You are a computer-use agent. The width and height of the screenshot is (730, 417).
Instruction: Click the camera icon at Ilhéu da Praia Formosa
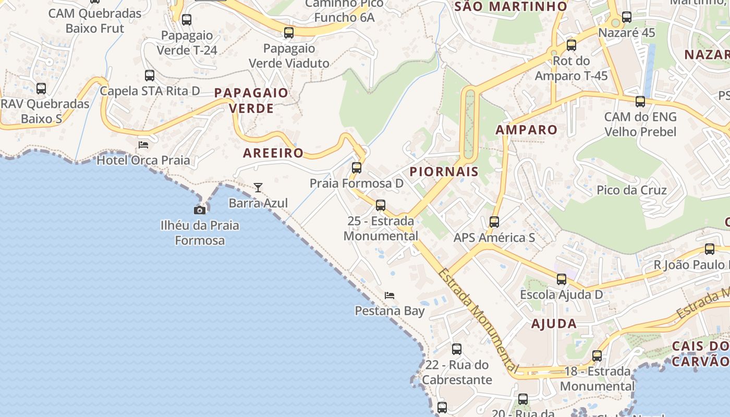pyautogui.click(x=199, y=210)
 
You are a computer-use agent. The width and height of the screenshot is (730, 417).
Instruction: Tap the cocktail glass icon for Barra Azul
pyautogui.click(x=258, y=188)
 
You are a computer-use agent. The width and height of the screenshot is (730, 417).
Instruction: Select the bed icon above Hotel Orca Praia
pyautogui.click(x=143, y=144)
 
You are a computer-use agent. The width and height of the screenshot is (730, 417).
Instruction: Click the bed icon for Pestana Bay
pyautogui.click(x=390, y=296)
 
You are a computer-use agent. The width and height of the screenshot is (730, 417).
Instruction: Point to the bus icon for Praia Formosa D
pyautogui.click(x=357, y=168)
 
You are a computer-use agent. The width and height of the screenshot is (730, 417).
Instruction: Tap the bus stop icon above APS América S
pyautogui.click(x=494, y=222)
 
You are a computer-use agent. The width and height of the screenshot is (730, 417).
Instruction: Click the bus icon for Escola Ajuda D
pyautogui.click(x=561, y=279)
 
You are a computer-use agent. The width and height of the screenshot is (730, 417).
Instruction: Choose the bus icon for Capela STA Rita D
pyautogui.click(x=150, y=76)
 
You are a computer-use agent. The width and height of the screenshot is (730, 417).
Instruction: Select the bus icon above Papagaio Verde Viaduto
pyautogui.click(x=289, y=33)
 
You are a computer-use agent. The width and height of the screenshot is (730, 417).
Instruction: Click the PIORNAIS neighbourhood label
pyautogui.click(x=444, y=171)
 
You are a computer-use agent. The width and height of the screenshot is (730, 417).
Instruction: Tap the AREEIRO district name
pyautogui.click(x=273, y=153)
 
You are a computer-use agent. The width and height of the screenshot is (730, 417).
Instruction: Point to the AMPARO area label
pyautogui.click(x=526, y=129)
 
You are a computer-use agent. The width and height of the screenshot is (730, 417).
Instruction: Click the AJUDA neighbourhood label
pyautogui.click(x=554, y=324)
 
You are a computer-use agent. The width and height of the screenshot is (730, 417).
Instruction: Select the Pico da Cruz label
pyautogui.click(x=631, y=190)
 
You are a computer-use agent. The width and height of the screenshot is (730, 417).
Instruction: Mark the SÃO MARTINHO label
pyautogui.click(x=510, y=7)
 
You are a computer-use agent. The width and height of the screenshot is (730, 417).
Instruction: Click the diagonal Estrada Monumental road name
pyautogui.click(x=478, y=322)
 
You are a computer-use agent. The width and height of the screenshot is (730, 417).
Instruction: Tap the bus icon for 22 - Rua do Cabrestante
pyautogui.click(x=457, y=349)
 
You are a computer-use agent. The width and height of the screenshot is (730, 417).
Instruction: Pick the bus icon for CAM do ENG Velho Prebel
pyautogui.click(x=640, y=102)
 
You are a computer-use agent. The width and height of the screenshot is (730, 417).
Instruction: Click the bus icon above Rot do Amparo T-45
pyautogui.click(x=571, y=45)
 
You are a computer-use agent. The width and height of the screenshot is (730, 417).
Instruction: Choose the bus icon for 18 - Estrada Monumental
pyautogui.click(x=597, y=357)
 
